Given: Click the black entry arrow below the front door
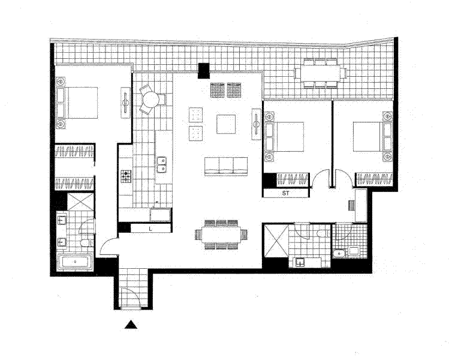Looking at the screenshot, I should tap(131, 325).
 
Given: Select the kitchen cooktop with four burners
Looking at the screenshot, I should tap(126, 176).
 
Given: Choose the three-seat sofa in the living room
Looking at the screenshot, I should tap(226, 166).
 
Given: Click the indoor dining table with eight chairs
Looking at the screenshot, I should tap(221, 233).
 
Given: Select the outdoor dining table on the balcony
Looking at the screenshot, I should tap(320, 73).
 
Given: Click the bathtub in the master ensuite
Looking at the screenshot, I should tap(75, 262).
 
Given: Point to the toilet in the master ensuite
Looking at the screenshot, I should tap(86, 242).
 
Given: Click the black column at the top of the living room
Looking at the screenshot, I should tap(204, 70).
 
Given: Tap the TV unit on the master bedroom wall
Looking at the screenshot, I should tap(126, 103).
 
